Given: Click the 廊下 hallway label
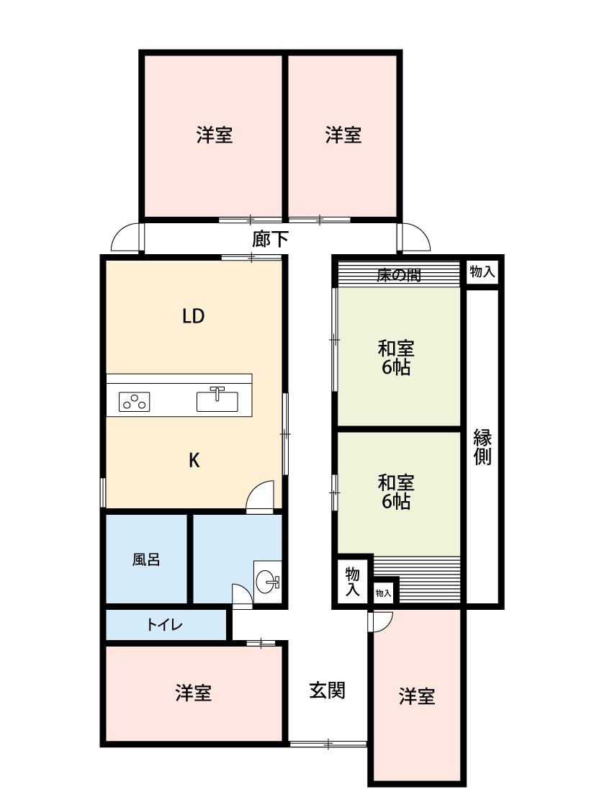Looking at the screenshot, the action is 270,238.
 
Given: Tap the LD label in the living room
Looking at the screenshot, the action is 194,315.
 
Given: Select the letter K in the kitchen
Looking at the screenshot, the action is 194,460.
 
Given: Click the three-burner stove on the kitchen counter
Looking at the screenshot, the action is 135,401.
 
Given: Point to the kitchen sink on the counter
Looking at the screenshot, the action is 217,400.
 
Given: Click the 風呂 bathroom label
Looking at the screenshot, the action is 146,559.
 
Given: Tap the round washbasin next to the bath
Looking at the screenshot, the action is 268,582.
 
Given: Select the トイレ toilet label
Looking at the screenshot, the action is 165,624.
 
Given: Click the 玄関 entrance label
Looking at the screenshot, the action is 328,690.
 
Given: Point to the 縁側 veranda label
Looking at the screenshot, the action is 482,447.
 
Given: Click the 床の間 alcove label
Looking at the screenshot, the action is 399,275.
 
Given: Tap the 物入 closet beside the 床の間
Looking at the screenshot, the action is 482,271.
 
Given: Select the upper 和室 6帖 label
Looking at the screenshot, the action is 396,357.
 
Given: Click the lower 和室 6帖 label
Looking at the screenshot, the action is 396,492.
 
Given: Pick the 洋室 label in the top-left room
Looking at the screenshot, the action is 215,135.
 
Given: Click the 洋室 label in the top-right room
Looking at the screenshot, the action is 343,135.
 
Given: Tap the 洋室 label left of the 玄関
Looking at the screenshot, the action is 194,693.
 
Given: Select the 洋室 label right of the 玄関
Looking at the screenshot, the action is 417,696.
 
